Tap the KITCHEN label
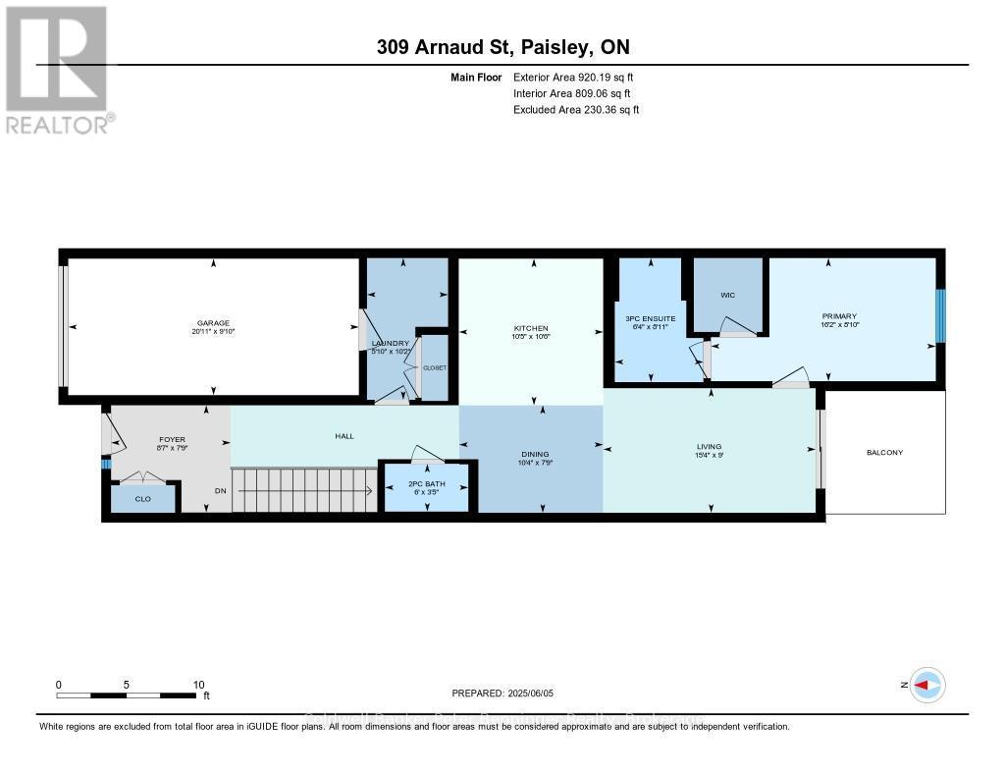pos(532,328)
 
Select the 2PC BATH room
pos(426,488)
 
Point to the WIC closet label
pos(727,295)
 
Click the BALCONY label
pos(884,452)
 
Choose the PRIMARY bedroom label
pos(839,316)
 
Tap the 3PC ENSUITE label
pos(649,318)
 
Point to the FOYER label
pos(172,440)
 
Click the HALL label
pos(344,435)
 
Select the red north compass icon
pos(926,685)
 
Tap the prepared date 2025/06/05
pos(502,693)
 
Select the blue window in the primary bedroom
pos(939,316)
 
